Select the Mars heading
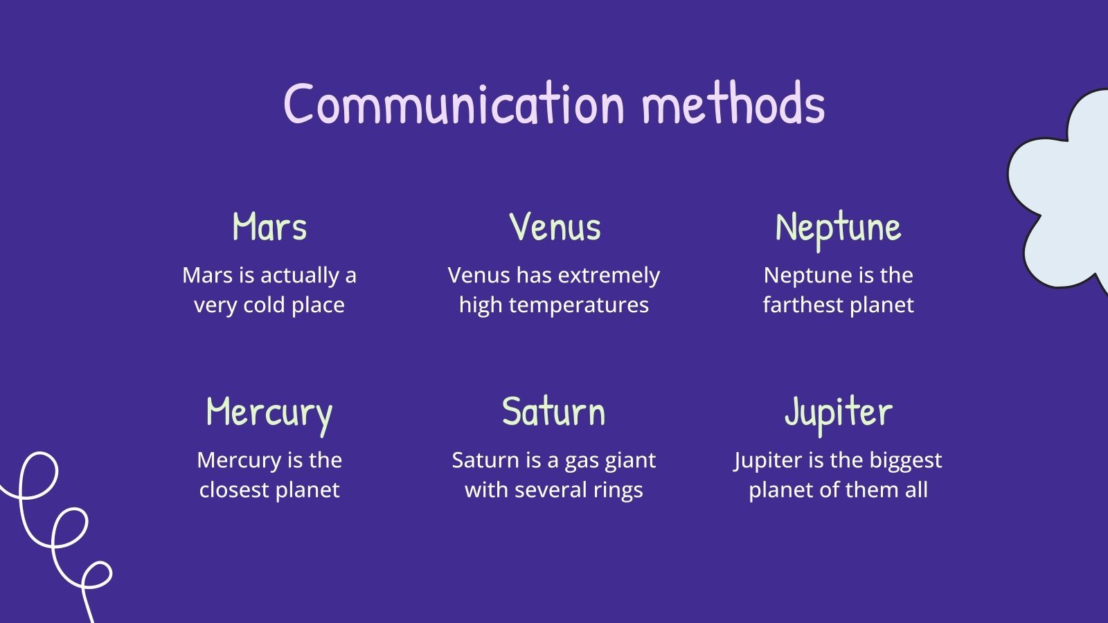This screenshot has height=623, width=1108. pyautogui.click(x=269, y=227)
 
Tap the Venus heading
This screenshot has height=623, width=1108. pyautogui.click(x=555, y=227)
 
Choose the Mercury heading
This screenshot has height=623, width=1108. pyautogui.click(x=269, y=413)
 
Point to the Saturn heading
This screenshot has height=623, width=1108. pyautogui.click(x=553, y=412)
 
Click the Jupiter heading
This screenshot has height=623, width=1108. pyautogui.click(x=838, y=413)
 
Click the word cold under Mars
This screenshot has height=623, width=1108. pyautogui.click(x=263, y=305)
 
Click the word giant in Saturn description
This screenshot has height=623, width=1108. pyautogui.click(x=630, y=460)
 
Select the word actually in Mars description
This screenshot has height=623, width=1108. pyautogui.click(x=299, y=276)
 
